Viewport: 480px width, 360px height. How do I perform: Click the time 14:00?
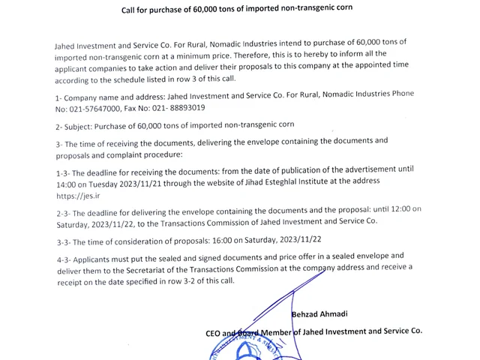[67, 182]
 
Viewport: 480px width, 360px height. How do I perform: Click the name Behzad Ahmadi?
[319, 314]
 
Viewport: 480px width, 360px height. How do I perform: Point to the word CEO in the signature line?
[213, 331]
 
